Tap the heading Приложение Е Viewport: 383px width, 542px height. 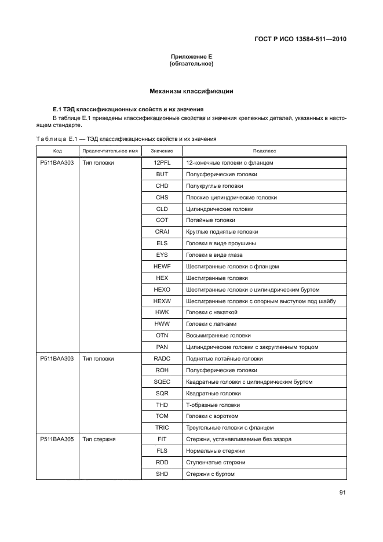click(191, 56)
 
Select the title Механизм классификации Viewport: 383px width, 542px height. click(191, 91)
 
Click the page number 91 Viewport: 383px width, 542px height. click(342, 493)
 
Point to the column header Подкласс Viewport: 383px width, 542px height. click(264, 151)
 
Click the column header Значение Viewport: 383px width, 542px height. click(162, 151)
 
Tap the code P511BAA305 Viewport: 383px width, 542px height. click(57, 439)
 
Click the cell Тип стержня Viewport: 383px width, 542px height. click(99, 439)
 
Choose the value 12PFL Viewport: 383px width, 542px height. click(162, 163)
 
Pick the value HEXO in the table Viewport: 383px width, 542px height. click(162, 289)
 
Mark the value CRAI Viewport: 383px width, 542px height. click(162, 232)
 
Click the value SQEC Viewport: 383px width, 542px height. click(162, 382)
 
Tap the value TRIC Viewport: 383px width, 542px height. click(162, 427)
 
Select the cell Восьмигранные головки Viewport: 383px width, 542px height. click(218, 336)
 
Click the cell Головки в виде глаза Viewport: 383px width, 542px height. click(214, 255)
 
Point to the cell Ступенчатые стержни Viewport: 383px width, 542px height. click(215, 463)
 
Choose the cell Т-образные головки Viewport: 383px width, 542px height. click(213, 405)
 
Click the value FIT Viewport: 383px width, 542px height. click(162, 439)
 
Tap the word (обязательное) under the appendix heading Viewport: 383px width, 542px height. click(191, 64)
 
